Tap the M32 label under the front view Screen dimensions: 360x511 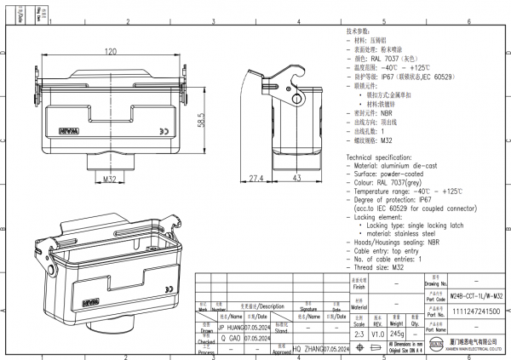click(x=109, y=180)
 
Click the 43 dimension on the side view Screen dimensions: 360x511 click(x=297, y=179)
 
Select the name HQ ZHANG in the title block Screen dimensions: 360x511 click(x=308, y=349)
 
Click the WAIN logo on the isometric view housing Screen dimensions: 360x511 click(x=91, y=302)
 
